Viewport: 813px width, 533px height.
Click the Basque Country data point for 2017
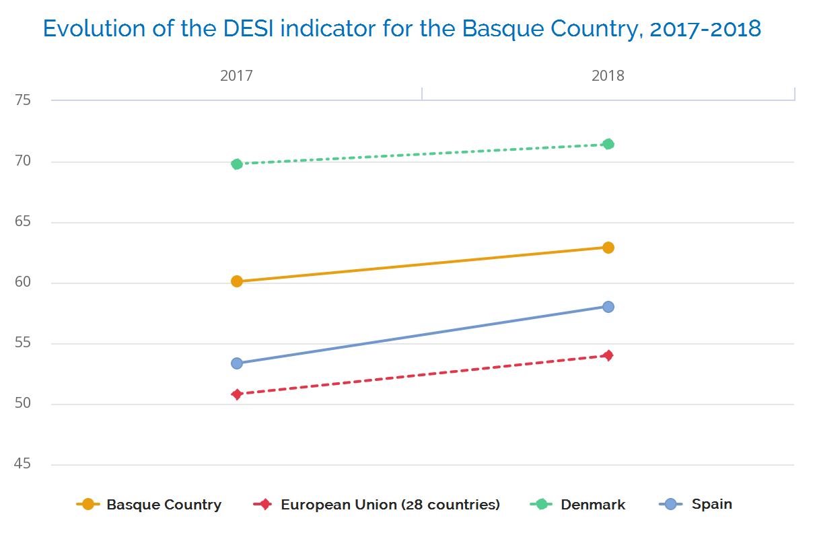click(237, 281)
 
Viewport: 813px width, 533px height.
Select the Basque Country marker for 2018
click(608, 248)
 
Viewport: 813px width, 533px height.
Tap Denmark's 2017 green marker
click(237, 164)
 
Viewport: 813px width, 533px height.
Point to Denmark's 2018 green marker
click(608, 144)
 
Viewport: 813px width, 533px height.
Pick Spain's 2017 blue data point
click(237, 363)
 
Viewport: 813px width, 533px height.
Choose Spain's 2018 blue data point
click(608, 307)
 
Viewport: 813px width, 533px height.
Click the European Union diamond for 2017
click(237, 394)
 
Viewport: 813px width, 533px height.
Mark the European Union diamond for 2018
click(608, 355)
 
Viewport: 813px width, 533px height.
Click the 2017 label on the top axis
click(236, 75)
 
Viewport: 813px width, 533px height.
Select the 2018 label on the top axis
click(608, 75)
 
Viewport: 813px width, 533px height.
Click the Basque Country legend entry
click(164, 505)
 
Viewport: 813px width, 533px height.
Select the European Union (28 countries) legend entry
click(390, 505)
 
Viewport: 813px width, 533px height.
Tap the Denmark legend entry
click(592, 505)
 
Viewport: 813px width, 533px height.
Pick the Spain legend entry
click(711, 504)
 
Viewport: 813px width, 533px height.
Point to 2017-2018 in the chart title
click(705, 29)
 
